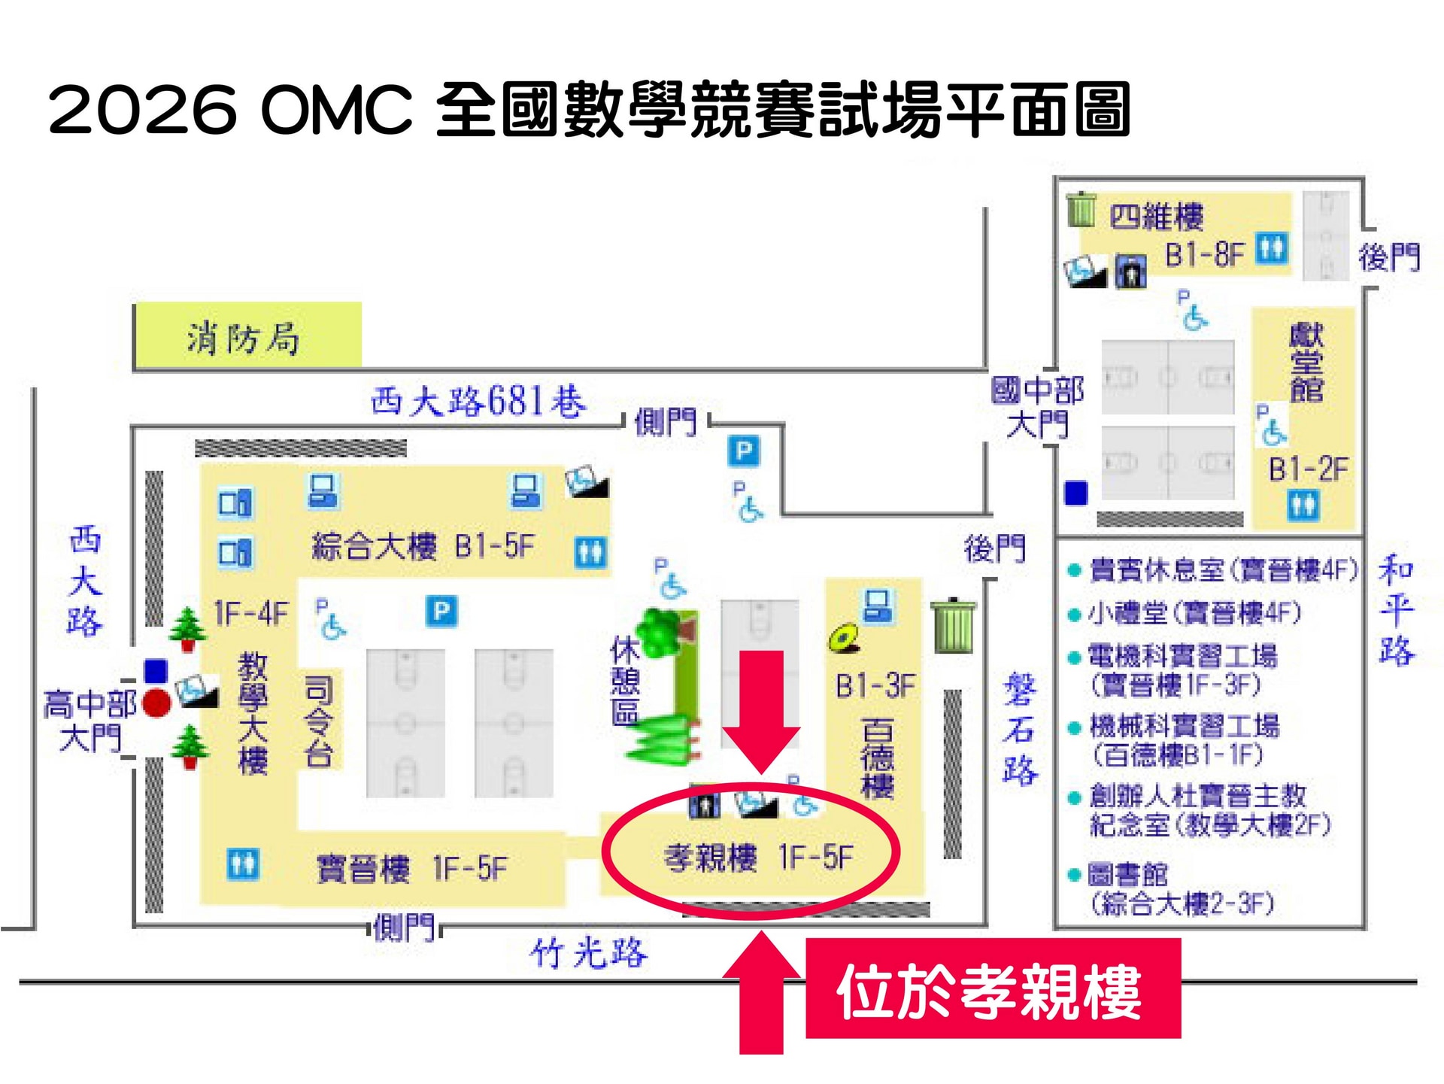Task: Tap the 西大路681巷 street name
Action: (478, 401)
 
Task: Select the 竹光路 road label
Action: (588, 954)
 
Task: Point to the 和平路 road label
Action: (1395, 610)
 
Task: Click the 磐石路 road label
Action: (1020, 730)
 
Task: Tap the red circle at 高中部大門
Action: (156, 703)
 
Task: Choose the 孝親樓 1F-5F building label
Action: (758, 857)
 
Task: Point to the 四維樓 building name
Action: (1156, 217)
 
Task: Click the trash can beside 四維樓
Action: (1081, 209)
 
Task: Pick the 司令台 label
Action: (318, 721)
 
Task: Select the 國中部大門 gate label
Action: (1037, 407)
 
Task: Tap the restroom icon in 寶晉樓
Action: (243, 864)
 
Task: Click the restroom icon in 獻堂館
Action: (1303, 505)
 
